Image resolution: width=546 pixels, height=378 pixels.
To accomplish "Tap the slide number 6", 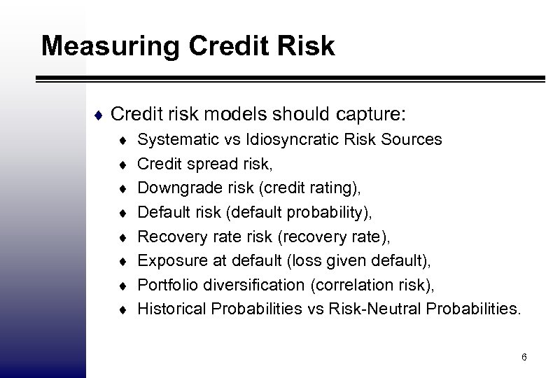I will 524,358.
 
